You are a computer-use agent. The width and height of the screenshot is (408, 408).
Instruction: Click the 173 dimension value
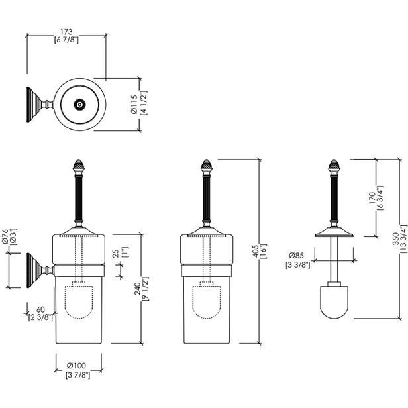[x=66, y=32]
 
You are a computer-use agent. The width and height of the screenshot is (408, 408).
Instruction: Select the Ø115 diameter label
[x=134, y=104]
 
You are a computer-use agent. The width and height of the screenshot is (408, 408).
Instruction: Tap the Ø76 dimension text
[x=5, y=237]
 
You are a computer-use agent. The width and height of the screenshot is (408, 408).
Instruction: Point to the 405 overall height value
[x=256, y=251]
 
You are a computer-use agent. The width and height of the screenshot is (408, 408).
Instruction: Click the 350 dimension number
[x=396, y=238]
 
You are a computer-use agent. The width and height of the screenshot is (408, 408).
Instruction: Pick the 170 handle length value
[x=372, y=198]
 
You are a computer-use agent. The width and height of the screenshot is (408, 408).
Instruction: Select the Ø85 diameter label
[x=296, y=255]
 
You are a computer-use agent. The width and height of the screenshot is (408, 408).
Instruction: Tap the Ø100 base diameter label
[x=76, y=366]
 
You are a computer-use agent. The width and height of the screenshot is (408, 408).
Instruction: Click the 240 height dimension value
[x=137, y=289]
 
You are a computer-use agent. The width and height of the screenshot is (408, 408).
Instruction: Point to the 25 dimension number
[x=116, y=254]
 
